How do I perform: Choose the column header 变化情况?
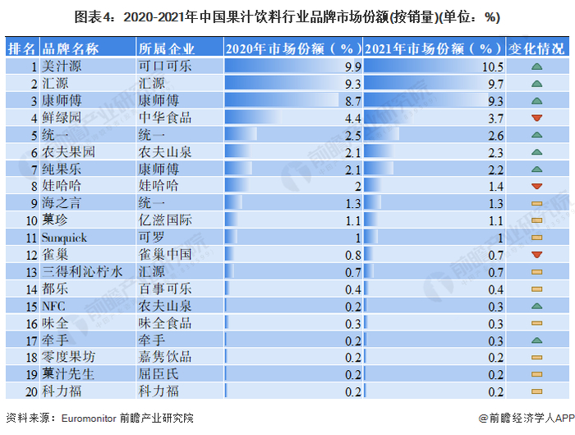(537, 49)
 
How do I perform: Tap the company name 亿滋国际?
(165, 220)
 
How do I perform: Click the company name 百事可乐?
(165, 289)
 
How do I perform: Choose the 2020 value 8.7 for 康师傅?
(352, 100)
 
